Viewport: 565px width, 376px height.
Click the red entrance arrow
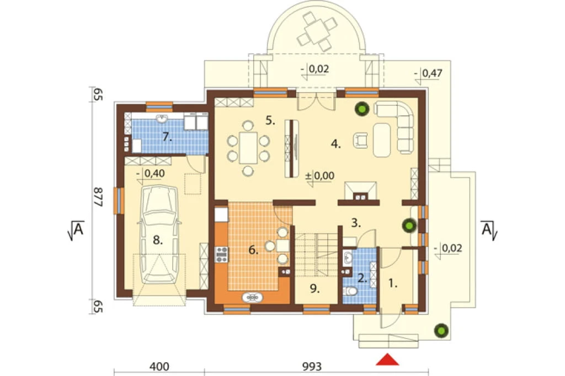pyautogui.click(x=387, y=359)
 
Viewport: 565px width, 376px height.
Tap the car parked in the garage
pyautogui.click(x=159, y=234)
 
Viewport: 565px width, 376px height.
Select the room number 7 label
pyautogui.click(x=167, y=137)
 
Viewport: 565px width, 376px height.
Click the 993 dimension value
pyautogui.click(x=311, y=367)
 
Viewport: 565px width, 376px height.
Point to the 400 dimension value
pyautogui.click(x=159, y=367)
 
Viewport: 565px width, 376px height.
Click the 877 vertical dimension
pyautogui.click(x=98, y=197)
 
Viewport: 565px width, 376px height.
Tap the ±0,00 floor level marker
pyautogui.click(x=319, y=176)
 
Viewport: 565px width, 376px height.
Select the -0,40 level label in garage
pyautogui.click(x=151, y=174)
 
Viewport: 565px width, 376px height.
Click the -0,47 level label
pyautogui.click(x=428, y=73)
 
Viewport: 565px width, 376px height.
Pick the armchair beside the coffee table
pyautogui.click(x=360, y=141)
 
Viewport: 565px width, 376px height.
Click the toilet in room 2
pyautogui.click(x=350, y=291)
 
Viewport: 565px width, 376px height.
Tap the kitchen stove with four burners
pyautogui.click(x=221, y=254)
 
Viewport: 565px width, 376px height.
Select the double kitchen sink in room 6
pyautogui.click(x=252, y=297)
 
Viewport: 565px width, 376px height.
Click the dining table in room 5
pyautogui.click(x=248, y=148)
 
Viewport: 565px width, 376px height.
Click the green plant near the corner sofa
pyautogui.click(x=362, y=109)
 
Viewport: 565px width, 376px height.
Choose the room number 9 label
pyautogui.click(x=315, y=288)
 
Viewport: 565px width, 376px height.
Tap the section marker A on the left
pyautogui.click(x=76, y=230)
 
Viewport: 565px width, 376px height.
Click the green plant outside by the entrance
pyautogui.click(x=441, y=330)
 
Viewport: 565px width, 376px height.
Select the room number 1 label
pyautogui.click(x=393, y=283)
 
